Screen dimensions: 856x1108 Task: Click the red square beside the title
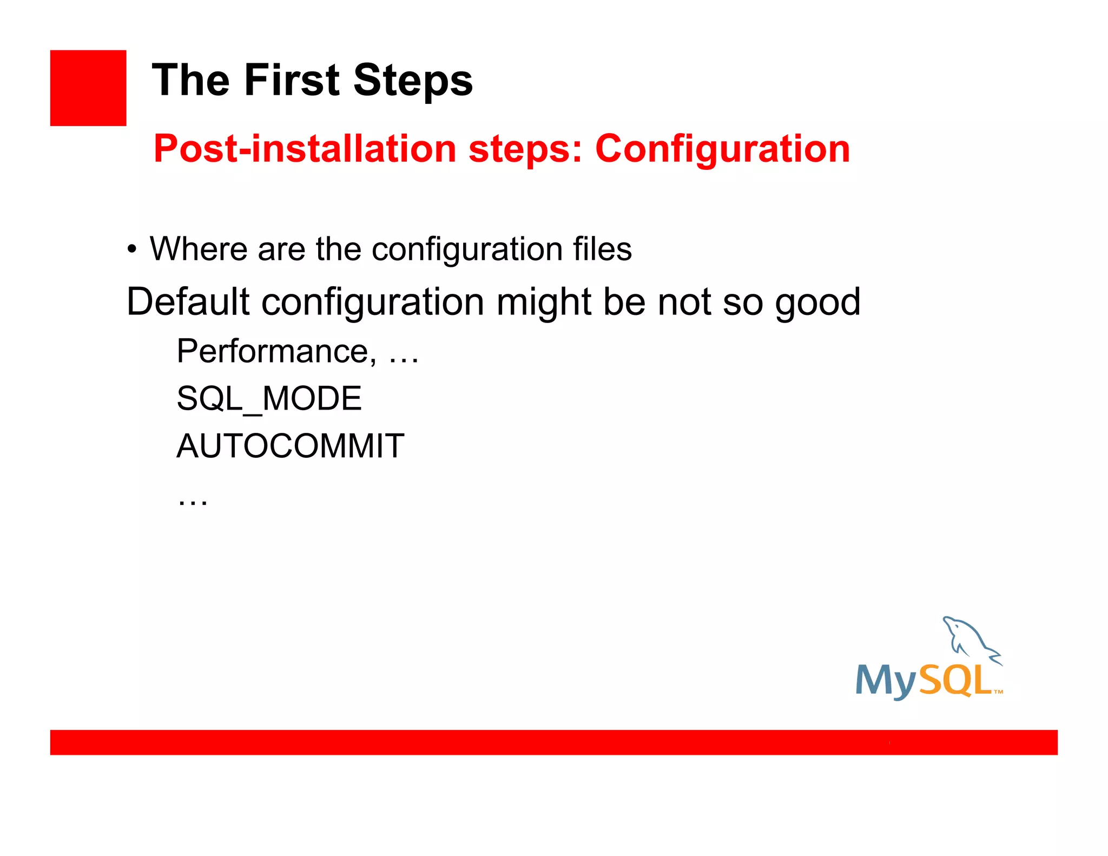coord(88,88)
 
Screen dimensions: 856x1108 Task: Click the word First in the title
coord(293,80)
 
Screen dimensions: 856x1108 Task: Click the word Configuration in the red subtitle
coord(722,150)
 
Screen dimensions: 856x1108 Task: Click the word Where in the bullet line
coord(198,249)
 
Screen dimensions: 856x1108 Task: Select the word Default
coord(188,301)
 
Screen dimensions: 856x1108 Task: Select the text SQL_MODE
coord(269,399)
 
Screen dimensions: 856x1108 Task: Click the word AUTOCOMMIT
coord(290,446)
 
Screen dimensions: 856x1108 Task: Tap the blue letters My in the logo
coord(886,681)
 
